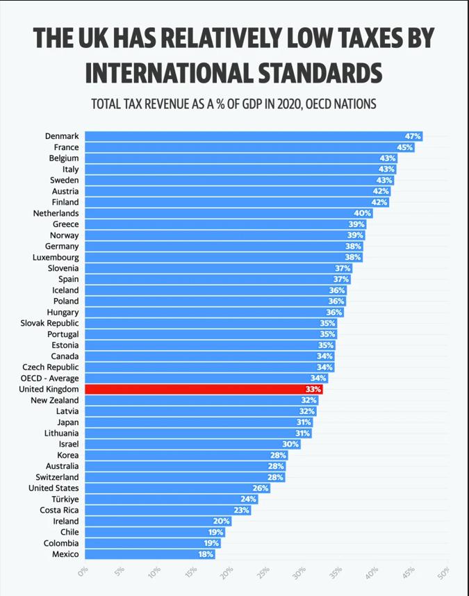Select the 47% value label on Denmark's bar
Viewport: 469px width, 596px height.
(413, 136)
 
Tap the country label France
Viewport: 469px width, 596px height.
(66, 147)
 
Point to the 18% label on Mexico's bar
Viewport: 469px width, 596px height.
(206, 554)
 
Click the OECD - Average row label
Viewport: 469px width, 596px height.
(49, 378)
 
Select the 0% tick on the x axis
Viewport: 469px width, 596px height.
(83, 572)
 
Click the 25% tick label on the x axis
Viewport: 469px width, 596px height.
(263, 572)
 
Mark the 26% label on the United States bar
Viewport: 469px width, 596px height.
(260, 488)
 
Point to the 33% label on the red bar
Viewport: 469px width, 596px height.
(313, 390)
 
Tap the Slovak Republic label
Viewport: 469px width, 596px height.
(49, 323)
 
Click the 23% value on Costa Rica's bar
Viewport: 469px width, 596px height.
(241, 511)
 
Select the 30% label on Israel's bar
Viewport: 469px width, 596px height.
(290, 445)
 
